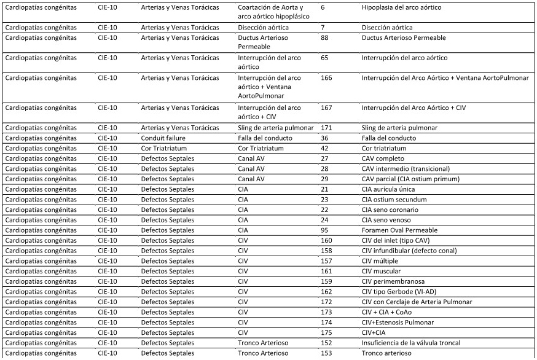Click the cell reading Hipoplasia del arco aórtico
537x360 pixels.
pyautogui.click(x=401, y=7)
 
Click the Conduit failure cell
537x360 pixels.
pyautogui.click(x=163, y=138)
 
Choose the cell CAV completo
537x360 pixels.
pyautogui.click(x=382, y=158)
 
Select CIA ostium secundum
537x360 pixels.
pyautogui.click(x=391, y=200)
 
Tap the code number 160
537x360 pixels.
pyautogui.click(x=326, y=241)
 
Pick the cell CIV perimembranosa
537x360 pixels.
pyautogui.click(x=393, y=281)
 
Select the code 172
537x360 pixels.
pyautogui.click(x=326, y=302)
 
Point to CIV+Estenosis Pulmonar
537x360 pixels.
pyautogui.click(x=398, y=323)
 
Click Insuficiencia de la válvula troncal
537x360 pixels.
pyautogui.click(x=410, y=343)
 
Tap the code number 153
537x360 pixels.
pyautogui.click(x=326, y=353)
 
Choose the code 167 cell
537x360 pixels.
pyautogui.click(x=326, y=108)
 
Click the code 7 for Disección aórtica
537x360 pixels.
pyautogui.click(x=323, y=28)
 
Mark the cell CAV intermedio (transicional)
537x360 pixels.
pyautogui.click(x=406, y=169)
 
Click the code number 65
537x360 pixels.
pyautogui.click(x=325, y=58)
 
